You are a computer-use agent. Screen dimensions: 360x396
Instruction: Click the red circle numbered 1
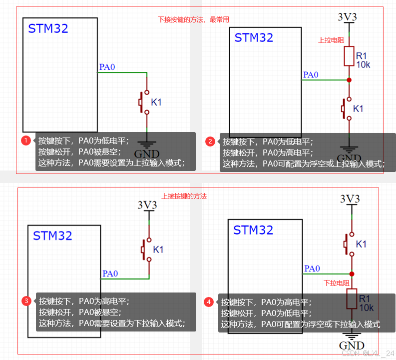26,140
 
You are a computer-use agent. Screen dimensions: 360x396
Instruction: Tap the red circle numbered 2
210,141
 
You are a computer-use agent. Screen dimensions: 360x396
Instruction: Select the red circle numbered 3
26,301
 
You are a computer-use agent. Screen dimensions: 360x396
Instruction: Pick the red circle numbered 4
209,302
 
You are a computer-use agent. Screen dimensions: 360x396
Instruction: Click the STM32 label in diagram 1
48,28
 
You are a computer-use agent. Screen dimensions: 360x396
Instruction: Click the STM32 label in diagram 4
253,230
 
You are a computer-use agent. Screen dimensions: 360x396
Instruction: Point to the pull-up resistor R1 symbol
349,56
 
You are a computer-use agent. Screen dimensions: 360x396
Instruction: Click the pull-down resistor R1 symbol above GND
352,299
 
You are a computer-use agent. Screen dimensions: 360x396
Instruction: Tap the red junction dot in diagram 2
349,80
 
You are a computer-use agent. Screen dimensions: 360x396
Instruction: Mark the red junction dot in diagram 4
352,273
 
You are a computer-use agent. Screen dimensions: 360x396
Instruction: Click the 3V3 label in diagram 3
147,204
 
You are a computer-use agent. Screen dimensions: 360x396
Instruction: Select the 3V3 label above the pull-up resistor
348,16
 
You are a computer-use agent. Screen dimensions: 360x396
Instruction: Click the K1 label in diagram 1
156,102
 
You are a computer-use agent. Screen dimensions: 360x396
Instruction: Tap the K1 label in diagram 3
158,249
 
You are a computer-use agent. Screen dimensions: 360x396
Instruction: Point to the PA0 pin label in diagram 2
311,75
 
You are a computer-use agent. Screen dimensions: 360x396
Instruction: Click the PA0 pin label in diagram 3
110,273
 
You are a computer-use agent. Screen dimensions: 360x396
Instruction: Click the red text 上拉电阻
331,40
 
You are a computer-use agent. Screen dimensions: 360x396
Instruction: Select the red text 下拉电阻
337,283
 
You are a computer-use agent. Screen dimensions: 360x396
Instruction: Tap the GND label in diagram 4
352,345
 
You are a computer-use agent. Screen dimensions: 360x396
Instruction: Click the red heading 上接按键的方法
184,196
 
